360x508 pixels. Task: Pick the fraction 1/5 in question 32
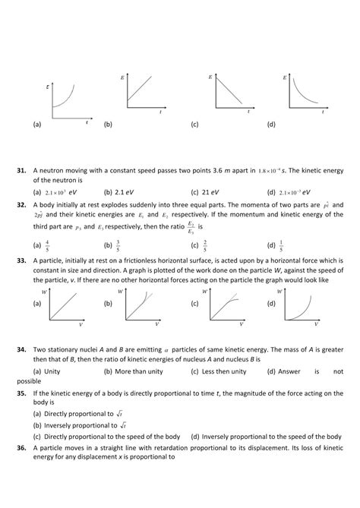pos(294,245)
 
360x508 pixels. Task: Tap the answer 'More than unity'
pos(144,371)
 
